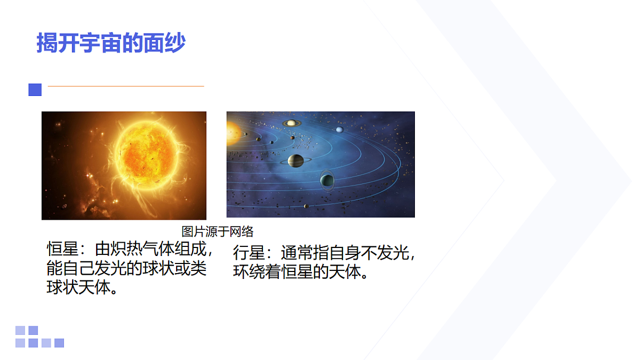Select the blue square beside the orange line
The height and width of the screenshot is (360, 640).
[35, 90]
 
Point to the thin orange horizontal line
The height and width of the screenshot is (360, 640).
[126, 86]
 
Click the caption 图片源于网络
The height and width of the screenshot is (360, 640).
[218, 231]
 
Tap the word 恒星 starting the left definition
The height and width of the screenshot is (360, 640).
[59, 250]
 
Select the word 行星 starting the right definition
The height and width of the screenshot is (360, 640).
[245, 253]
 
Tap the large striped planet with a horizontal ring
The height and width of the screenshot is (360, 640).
[296, 160]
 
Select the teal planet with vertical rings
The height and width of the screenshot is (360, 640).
[327, 180]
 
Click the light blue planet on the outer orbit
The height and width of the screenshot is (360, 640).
[339, 130]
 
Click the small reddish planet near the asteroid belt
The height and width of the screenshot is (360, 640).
[292, 138]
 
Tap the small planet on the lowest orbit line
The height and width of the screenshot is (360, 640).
[306, 206]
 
